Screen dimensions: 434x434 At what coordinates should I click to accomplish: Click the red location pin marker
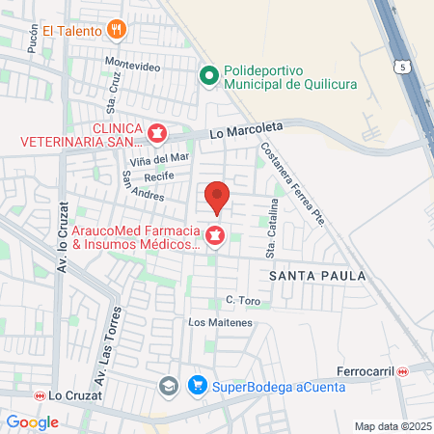coord(217,197)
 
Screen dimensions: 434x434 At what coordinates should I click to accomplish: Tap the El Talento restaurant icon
coord(117,29)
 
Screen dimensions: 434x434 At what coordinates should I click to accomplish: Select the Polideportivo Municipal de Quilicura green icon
coord(207,74)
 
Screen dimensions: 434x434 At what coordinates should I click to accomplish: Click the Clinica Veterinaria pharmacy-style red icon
coord(156,132)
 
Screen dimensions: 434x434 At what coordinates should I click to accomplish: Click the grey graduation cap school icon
coord(169,387)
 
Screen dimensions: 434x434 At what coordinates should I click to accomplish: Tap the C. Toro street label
coord(244,301)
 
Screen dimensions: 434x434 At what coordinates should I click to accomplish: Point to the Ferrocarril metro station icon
coord(416,371)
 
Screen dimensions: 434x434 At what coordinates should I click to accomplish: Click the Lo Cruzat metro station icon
coord(40,395)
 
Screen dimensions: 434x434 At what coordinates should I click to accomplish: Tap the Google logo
coord(32,421)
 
